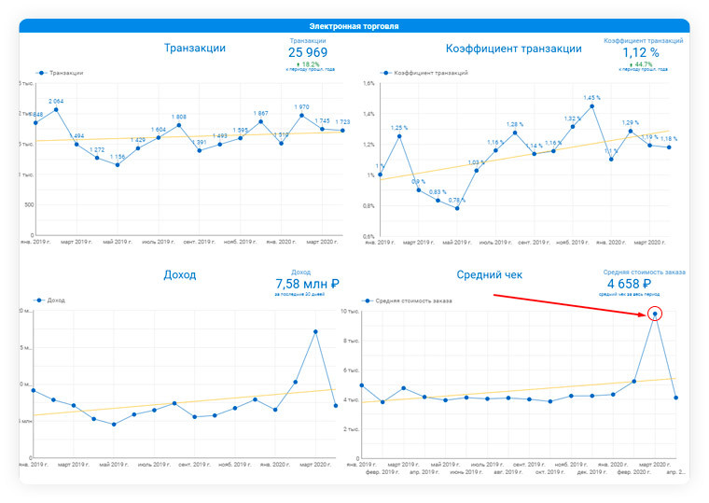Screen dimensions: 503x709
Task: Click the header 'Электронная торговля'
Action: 354,26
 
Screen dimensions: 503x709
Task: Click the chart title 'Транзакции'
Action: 194,48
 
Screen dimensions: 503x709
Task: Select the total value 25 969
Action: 307,53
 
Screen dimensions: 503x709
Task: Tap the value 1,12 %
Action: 641,53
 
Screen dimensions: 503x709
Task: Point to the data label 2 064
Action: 56,101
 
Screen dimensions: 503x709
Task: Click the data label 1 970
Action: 301,106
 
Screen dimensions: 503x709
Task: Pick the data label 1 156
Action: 117,157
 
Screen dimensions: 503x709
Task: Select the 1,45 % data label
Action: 591,97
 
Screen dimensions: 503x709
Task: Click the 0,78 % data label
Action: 457,200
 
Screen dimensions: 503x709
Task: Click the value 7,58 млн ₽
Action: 306,283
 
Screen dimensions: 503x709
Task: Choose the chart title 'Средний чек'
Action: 490,275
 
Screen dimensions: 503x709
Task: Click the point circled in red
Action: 655,314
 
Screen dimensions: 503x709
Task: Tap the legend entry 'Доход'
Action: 57,300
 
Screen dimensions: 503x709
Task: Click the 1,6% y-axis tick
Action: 368,83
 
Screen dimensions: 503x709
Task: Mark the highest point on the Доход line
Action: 315,331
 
